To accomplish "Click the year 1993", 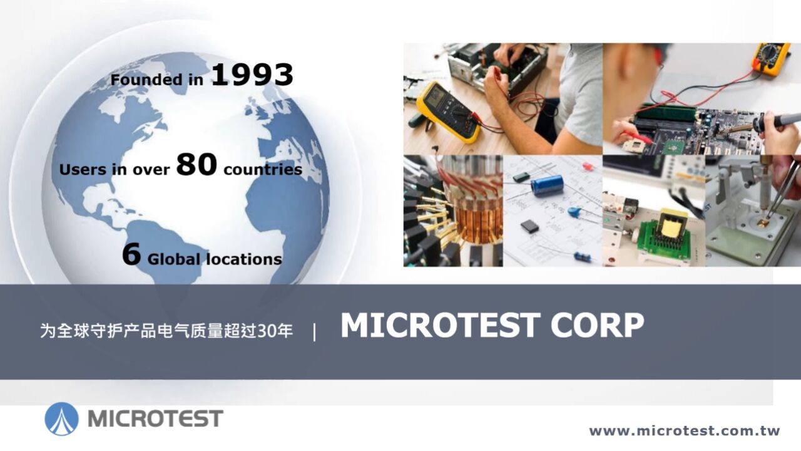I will coord(252,75).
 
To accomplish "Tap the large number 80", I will coord(196,165).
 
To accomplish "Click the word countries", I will coord(262,170).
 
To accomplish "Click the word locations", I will coord(243,259).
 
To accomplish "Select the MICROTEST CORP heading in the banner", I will coord(492,325).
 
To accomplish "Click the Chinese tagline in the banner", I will coord(166,331).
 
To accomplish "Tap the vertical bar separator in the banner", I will coord(314,332).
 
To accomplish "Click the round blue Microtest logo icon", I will coord(62,418).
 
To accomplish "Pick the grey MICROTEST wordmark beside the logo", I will coord(155,418).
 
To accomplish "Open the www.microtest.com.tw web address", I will coord(685,431).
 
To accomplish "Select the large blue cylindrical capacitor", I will coord(547,185).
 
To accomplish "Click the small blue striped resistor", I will coord(582,256).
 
